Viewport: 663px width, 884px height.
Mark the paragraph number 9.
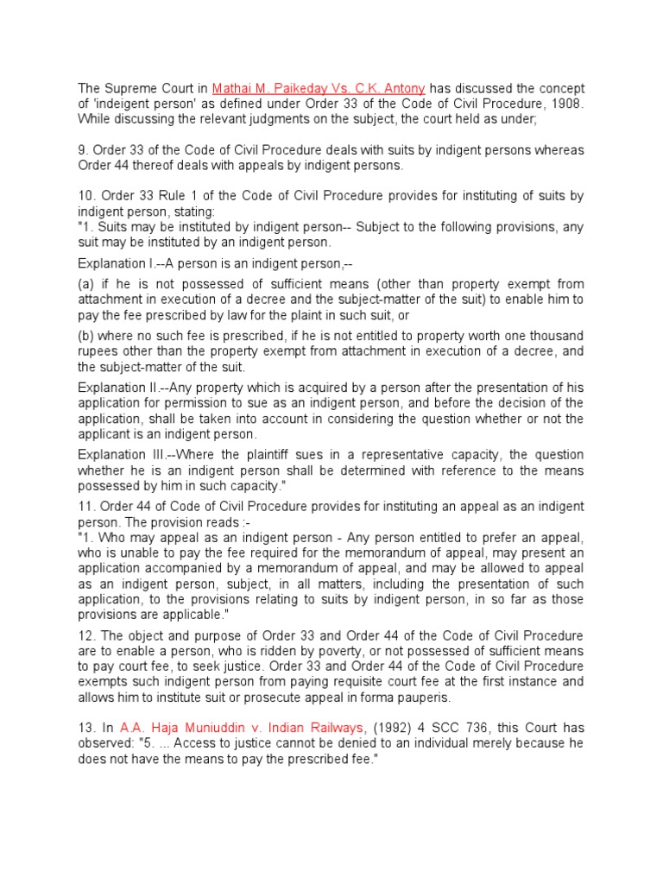point(82,150)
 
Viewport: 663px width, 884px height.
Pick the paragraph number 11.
point(85,505)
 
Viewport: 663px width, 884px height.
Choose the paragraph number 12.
point(85,636)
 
